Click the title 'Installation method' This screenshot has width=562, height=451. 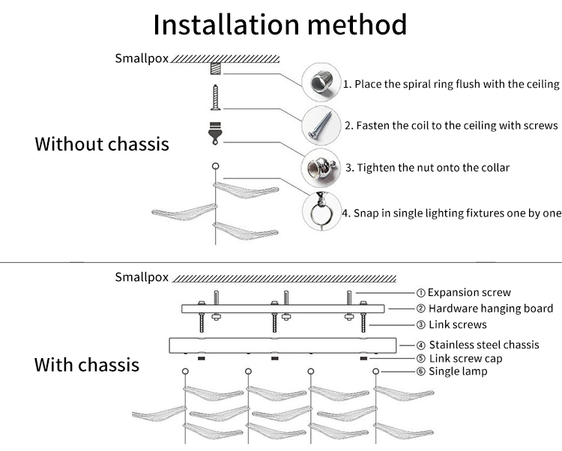(x=280, y=24)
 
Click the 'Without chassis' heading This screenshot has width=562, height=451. (x=102, y=144)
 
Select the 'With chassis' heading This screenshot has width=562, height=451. (x=87, y=365)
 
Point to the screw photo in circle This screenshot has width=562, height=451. (x=318, y=123)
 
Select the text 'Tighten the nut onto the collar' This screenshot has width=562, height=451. (x=427, y=167)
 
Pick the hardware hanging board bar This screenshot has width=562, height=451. (x=282, y=309)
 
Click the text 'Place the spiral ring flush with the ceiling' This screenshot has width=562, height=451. (x=451, y=84)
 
